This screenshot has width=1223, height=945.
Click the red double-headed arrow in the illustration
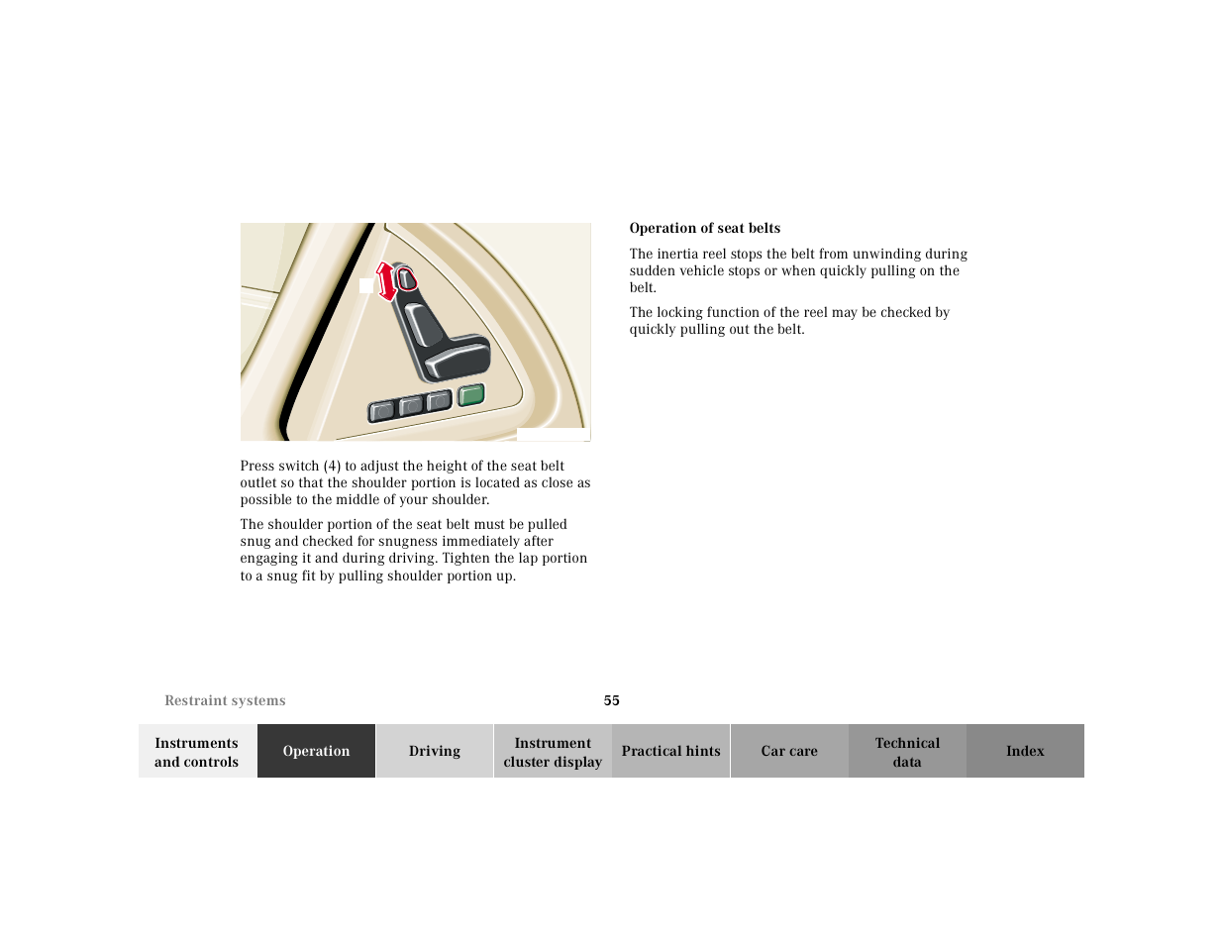386,281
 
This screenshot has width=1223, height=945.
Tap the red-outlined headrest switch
406,278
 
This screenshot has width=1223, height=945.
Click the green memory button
471,395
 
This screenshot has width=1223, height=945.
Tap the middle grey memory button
410,405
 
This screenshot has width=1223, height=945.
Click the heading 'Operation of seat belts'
704,228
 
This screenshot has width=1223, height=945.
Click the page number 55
611,700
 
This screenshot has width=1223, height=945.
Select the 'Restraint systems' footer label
225,700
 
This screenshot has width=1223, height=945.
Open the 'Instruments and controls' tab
197,752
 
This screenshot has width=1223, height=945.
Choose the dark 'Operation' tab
316,752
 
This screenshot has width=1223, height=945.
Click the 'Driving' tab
434,752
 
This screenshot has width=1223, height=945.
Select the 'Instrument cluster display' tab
553,752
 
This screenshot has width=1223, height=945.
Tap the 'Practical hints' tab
670,752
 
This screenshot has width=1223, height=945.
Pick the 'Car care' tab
789,752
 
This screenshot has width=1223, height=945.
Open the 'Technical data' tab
907,752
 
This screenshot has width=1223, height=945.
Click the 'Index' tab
1025,752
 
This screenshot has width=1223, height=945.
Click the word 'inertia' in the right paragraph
677,254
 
